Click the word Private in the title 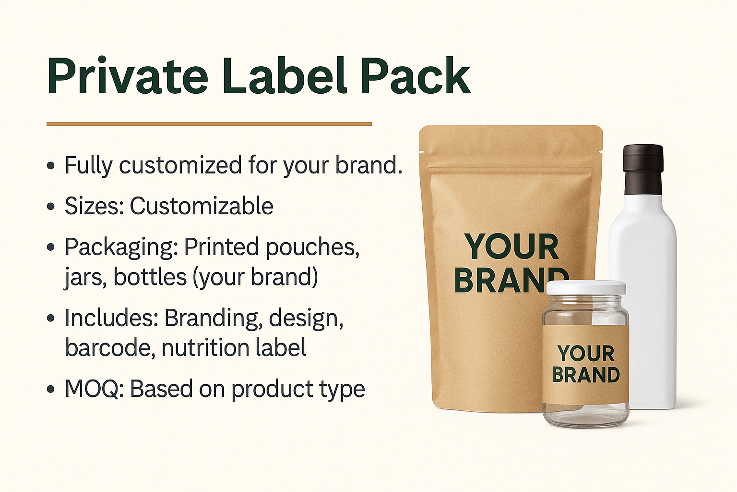click(x=127, y=76)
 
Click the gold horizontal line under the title click(x=209, y=124)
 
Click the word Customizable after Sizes click(x=202, y=206)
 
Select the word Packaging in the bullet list click(x=121, y=247)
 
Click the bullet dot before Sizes click(x=51, y=207)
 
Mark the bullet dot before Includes click(x=51, y=318)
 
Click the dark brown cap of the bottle click(x=643, y=170)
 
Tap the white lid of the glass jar click(x=586, y=288)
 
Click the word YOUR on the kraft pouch click(x=511, y=246)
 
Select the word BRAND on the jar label click(x=586, y=375)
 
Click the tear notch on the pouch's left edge click(x=420, y=151)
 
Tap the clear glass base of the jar click(x=586, y=416)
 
